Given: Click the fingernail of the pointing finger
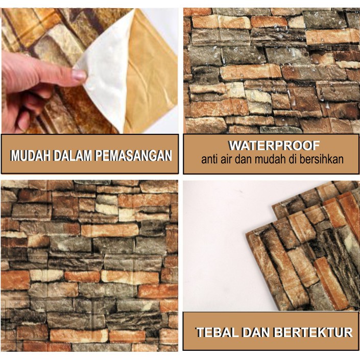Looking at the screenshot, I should click(79, 76).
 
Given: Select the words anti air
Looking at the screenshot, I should click(217, 159).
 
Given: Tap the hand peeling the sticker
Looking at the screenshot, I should click(31, 82).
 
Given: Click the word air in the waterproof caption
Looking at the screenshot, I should click(227, 159).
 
